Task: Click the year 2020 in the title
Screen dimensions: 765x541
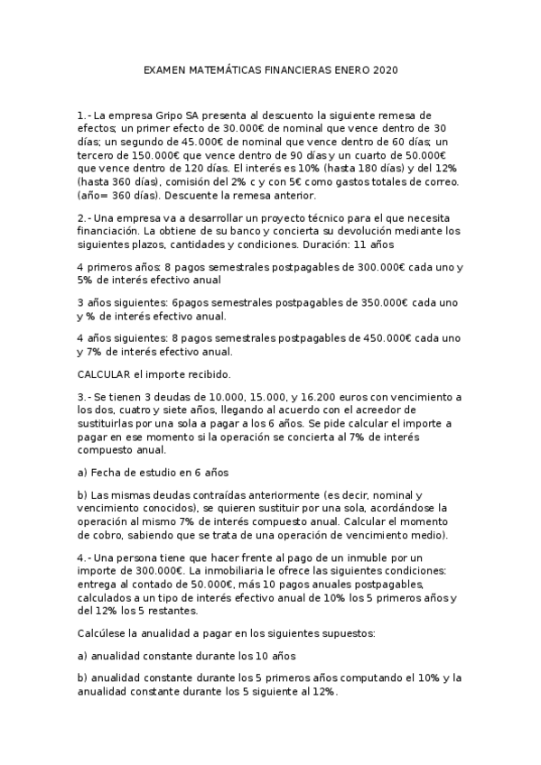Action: [384, 69]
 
